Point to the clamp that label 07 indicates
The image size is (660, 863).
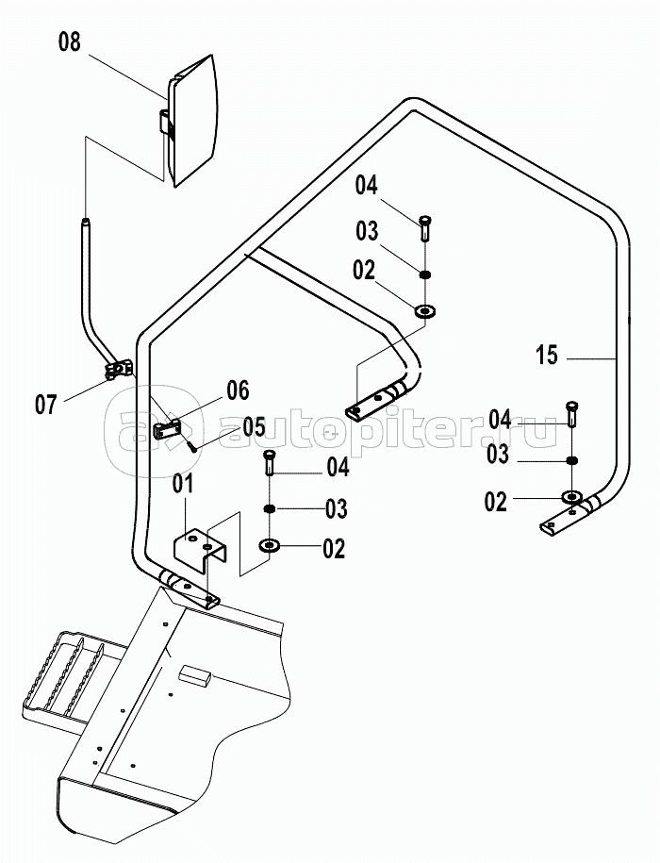117,371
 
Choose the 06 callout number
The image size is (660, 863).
238,389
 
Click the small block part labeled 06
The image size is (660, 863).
168,428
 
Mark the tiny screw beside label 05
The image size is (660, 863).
191,444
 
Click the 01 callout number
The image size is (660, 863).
182,485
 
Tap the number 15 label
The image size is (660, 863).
547,356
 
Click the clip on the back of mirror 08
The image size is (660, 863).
164,124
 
